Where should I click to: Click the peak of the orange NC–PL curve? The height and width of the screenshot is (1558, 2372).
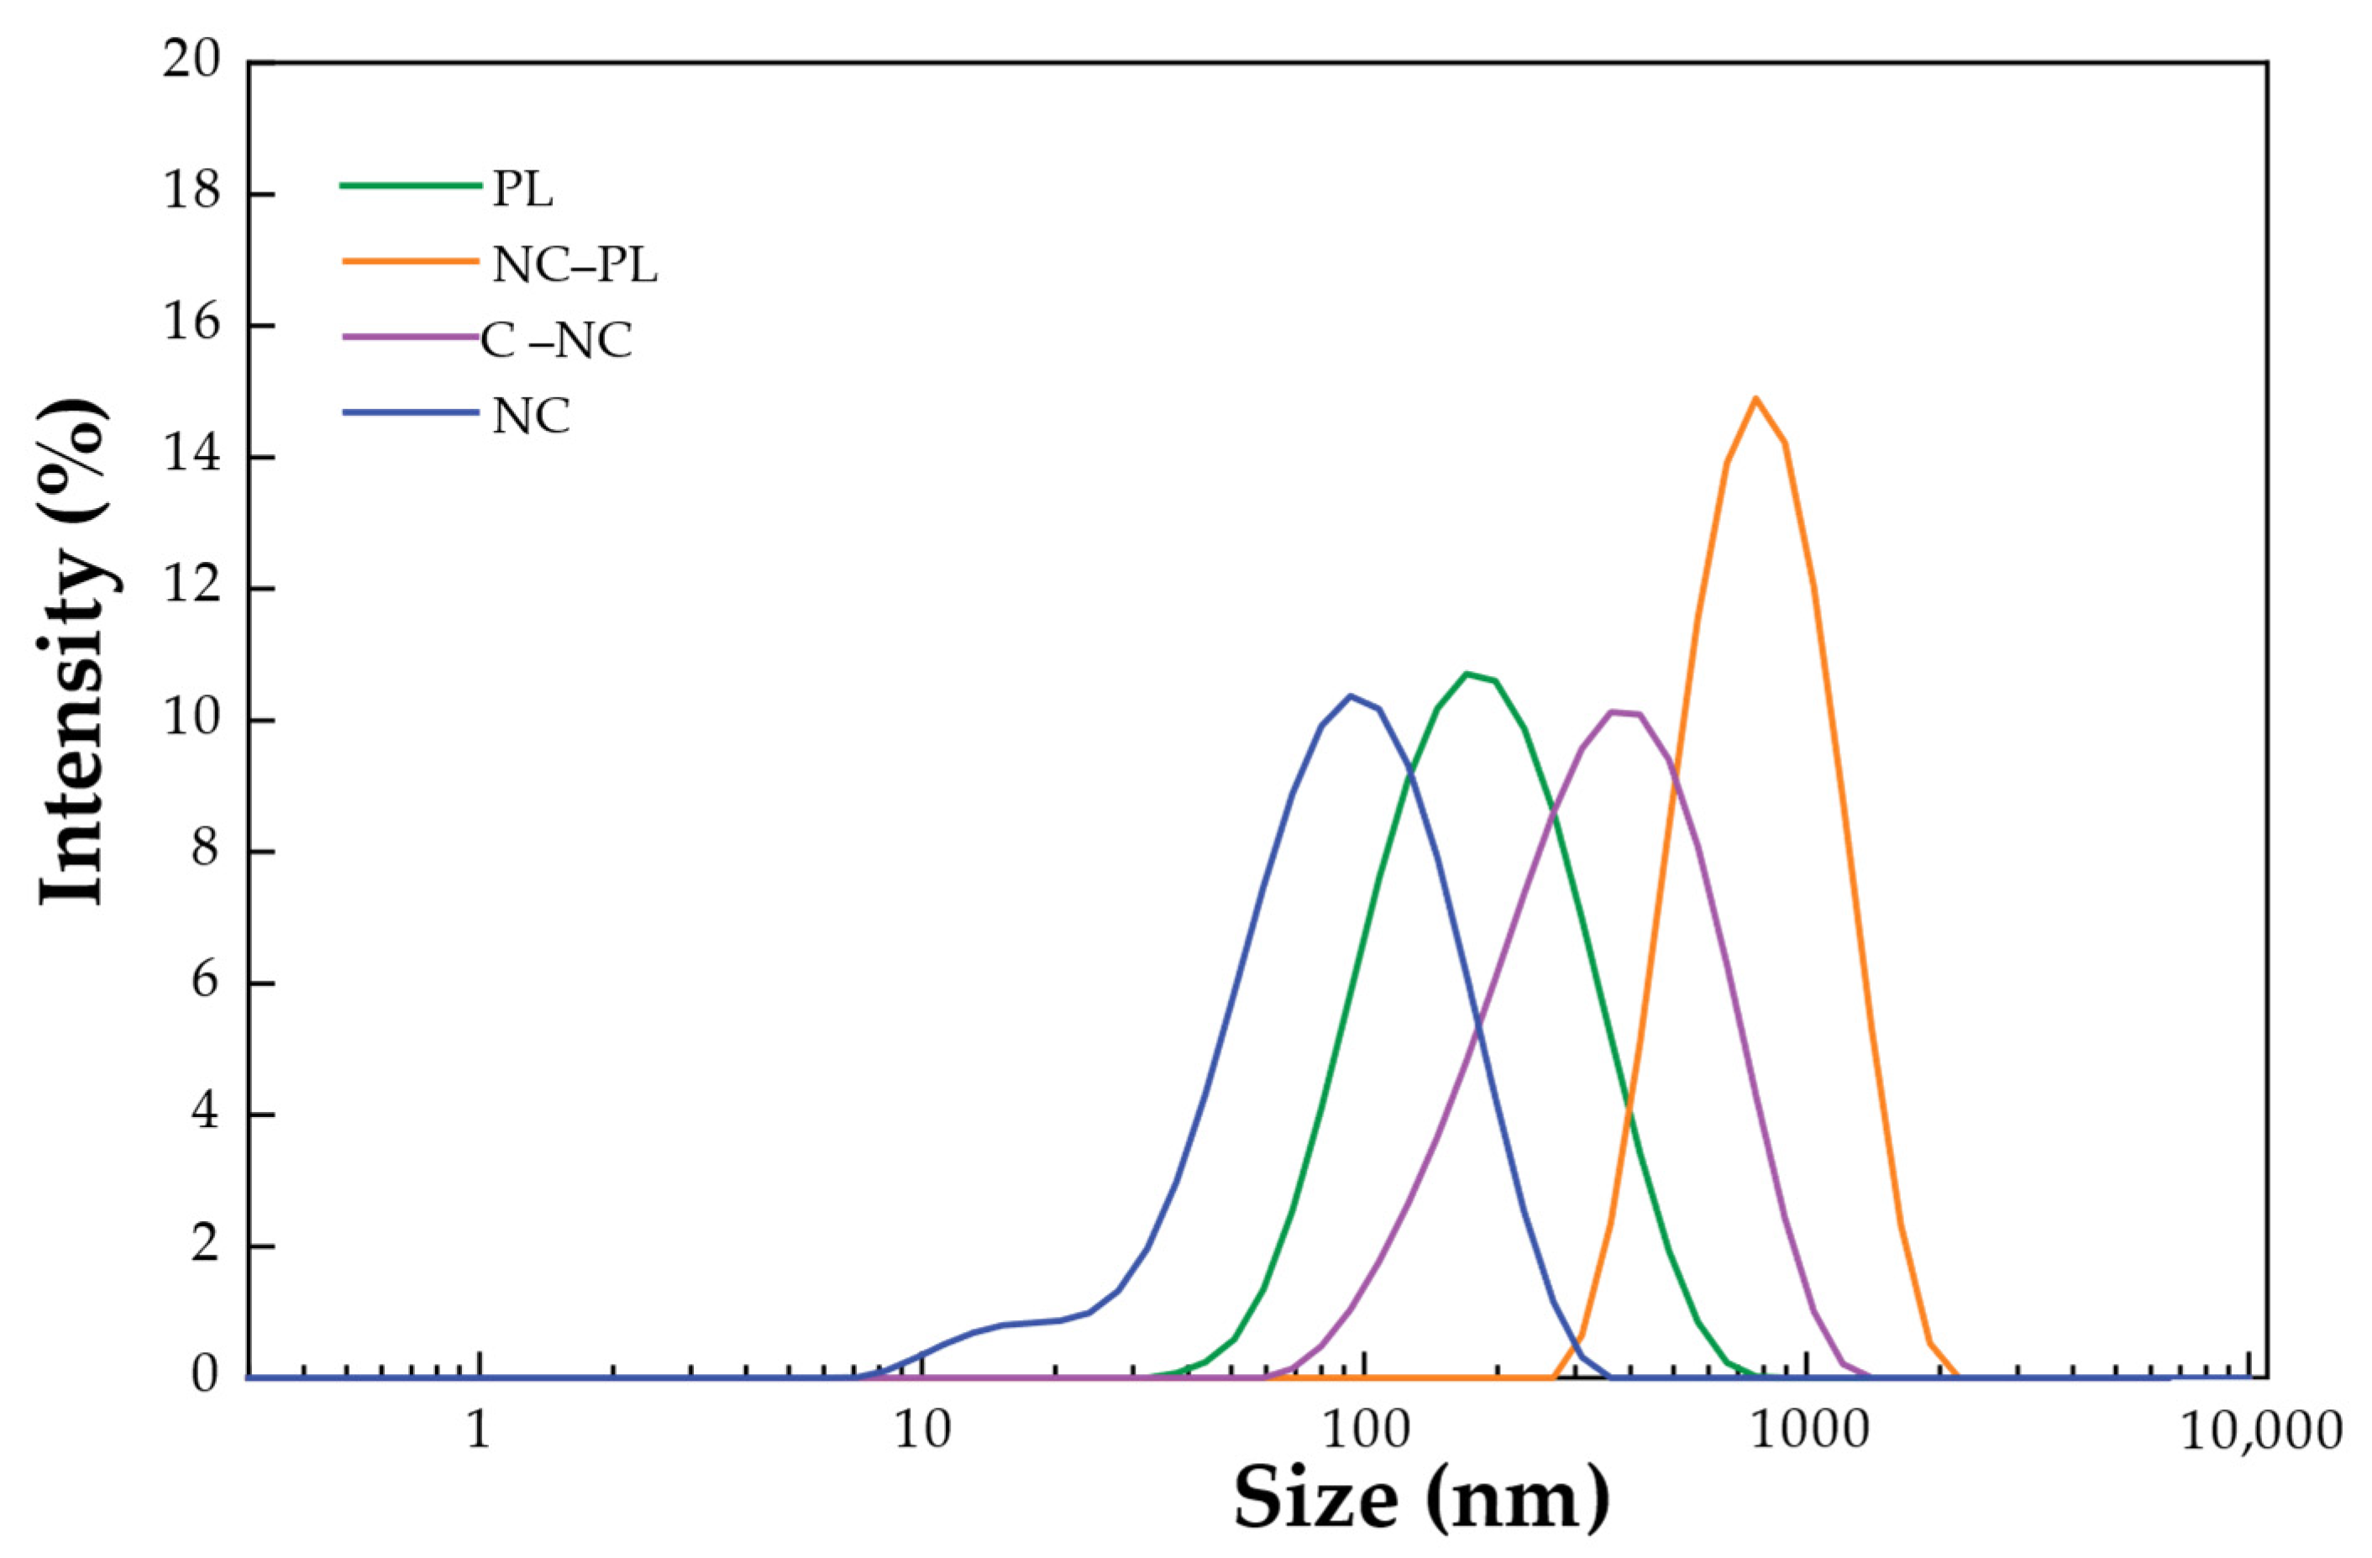pyautogui.click(x=1756, y=399)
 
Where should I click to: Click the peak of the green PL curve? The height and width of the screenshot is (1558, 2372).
pyautogui.click(x=1467, y=674)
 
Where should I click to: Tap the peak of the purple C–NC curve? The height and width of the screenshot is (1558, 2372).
pyautogui.click(x=1613, y=711)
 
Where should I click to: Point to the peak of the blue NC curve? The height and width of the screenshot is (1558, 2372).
pyautogui.click(x=1351, y=695)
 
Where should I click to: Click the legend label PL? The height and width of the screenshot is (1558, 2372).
pyautogui.click(x=522, y=191)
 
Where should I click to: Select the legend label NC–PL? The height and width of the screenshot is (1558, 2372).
pyautogui.click(x=575, y=266)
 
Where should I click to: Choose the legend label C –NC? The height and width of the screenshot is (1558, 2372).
pyautogui.click(x=556, y=342)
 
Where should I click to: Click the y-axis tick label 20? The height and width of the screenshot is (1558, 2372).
pyautogui.click(x=192, y=62)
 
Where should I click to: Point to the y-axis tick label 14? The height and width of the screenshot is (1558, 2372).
pyautogui.click(x=192, y=457)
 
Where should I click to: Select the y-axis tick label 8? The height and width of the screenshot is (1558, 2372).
pyautogui.click(x=204, y=852)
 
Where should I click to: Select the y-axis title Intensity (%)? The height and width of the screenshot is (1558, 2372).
pyautogui.click(x=71, y=653)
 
